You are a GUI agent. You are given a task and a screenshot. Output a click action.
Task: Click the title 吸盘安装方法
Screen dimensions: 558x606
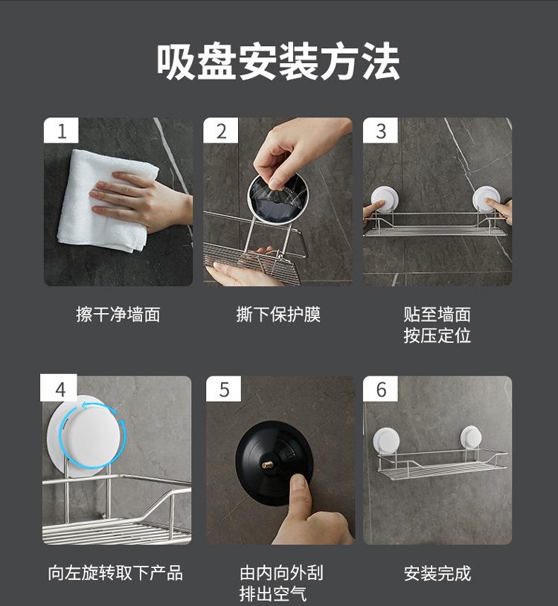(278, 62)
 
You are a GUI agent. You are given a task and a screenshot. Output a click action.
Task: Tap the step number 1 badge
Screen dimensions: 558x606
(61, 131)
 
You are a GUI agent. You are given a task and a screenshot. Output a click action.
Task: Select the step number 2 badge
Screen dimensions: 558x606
(221, 131)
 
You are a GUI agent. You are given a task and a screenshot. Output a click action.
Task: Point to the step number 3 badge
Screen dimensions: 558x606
(380, 131)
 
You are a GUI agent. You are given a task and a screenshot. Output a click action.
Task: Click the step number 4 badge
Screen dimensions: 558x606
(60, 388)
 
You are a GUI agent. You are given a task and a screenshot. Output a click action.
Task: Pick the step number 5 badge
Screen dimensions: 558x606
(223, 389)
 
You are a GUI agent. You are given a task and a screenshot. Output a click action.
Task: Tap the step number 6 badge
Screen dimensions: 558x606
(380, 389)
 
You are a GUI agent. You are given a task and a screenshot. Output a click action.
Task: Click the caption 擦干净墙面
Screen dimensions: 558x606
(118, 315)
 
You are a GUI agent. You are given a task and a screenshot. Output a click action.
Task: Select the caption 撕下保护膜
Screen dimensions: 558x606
(278, 315)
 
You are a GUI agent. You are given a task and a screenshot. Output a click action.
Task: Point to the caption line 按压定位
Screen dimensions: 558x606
(437, 335)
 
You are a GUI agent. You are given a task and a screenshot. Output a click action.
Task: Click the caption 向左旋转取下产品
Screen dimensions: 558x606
(115, 573)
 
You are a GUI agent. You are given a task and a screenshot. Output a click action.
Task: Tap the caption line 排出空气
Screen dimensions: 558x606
(273, 593)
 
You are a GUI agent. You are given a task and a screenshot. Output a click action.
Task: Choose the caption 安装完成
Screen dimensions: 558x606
(437, 573)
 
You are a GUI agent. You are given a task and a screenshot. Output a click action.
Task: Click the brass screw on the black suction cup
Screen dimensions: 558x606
(266, 465)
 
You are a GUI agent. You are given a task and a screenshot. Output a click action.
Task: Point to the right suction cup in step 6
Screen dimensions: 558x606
(471, 437)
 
